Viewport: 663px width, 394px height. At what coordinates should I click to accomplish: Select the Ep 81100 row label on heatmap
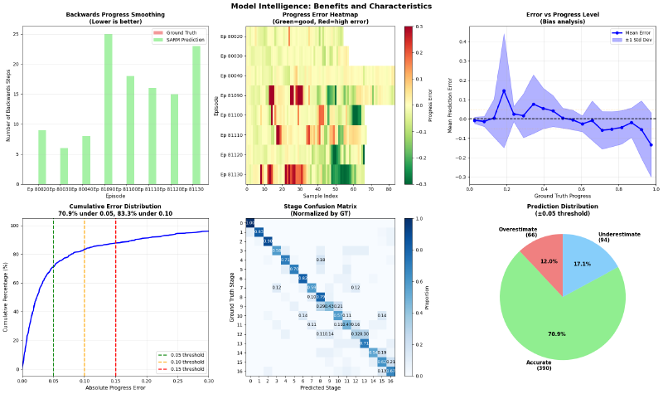click(232, 114)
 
